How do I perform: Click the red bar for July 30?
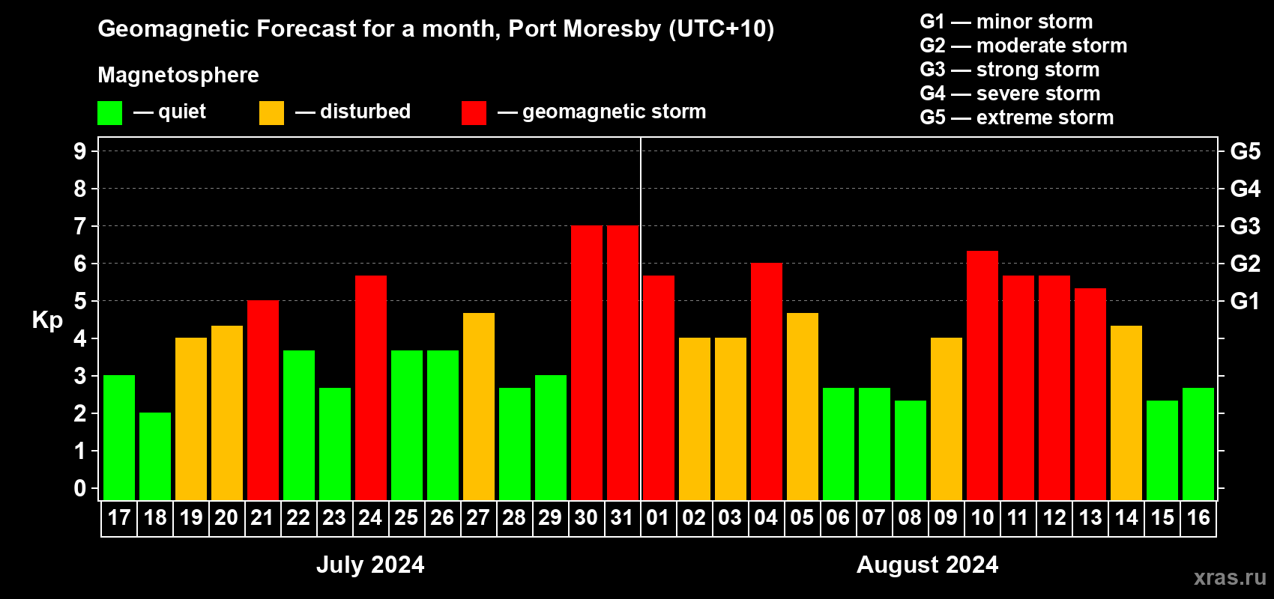(x=587, y=362)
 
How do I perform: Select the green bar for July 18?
(x=155, y=456)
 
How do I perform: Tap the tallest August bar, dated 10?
(x=982, y=375)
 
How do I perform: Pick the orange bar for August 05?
(x=803, y=406)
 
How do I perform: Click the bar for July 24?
(x=371, y=387)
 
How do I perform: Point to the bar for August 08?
(x=911, y=450)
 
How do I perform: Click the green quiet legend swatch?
(x=109, y=113)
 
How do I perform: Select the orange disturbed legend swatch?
(x=271, y=113)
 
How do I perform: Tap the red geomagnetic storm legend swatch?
(x=474, y=113)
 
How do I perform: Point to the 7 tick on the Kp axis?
(x=80, y=226)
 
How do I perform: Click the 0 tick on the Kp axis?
(x=80, y=488)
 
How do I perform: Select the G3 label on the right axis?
(x=1245, y=226)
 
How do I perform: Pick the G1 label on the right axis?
(x=1245, y=301)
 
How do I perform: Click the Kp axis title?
(x=47, y=320)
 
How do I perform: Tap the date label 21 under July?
(x=262, y=518)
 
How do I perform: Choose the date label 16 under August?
(x=1198, y=518)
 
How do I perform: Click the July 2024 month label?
(x=370, y=565)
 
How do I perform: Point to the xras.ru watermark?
(x=1230, y=577)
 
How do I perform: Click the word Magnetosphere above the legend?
(x=178, y=75)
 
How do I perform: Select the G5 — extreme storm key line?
(x=1016, y=118)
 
